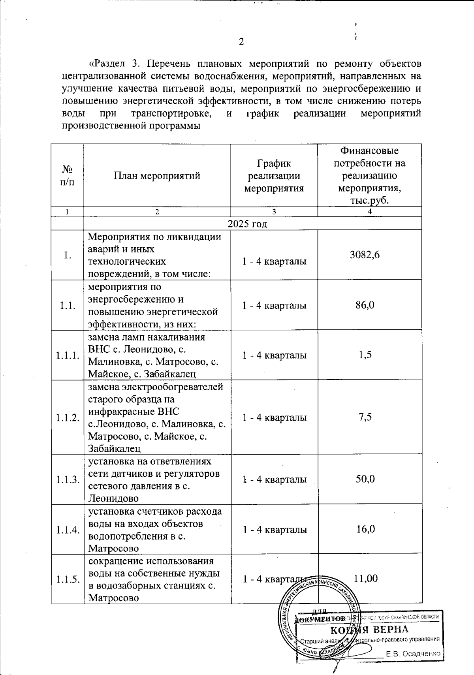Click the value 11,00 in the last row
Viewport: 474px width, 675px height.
[365, 579]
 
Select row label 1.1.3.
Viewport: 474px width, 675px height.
[68, 479]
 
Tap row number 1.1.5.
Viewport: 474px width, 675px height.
[68, 579]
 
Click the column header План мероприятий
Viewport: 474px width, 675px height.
[157, 176]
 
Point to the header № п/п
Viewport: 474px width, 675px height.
[67, 175]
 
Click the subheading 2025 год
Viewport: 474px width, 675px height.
[248, 224]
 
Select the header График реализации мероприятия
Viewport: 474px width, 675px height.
[274, 176]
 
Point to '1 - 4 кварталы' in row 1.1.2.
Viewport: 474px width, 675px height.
[275, 417]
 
